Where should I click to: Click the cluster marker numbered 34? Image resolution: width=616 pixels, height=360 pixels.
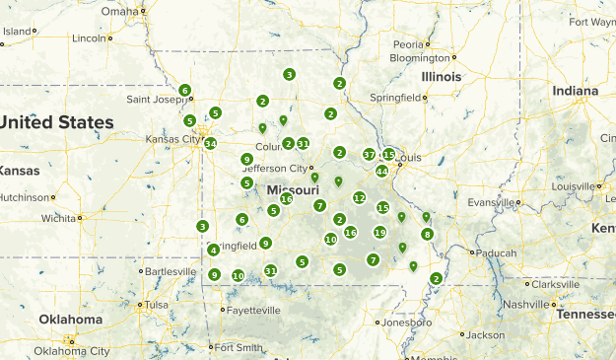[x=210, y=143]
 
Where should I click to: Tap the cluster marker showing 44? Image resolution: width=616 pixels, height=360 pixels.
[x=381, y=171]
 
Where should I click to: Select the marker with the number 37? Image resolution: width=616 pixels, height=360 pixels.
[x=369, y=154]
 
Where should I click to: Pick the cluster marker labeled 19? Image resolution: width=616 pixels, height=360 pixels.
[x=379, y=232]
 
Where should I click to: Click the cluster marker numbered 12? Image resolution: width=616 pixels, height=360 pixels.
[x=359, y=197]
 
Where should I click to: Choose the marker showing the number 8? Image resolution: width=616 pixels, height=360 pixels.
[x=427, y=234]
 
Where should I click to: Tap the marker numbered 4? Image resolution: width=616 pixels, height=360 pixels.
[x=213, y=250]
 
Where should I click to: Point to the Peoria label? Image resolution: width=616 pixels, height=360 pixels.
[x=408, y=44]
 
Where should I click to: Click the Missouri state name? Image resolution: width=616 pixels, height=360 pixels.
[x=293, y=189]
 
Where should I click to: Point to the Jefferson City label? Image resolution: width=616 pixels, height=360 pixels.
[x=275, y=169]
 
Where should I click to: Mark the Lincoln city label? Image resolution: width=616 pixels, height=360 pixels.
[x=89, y=37]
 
